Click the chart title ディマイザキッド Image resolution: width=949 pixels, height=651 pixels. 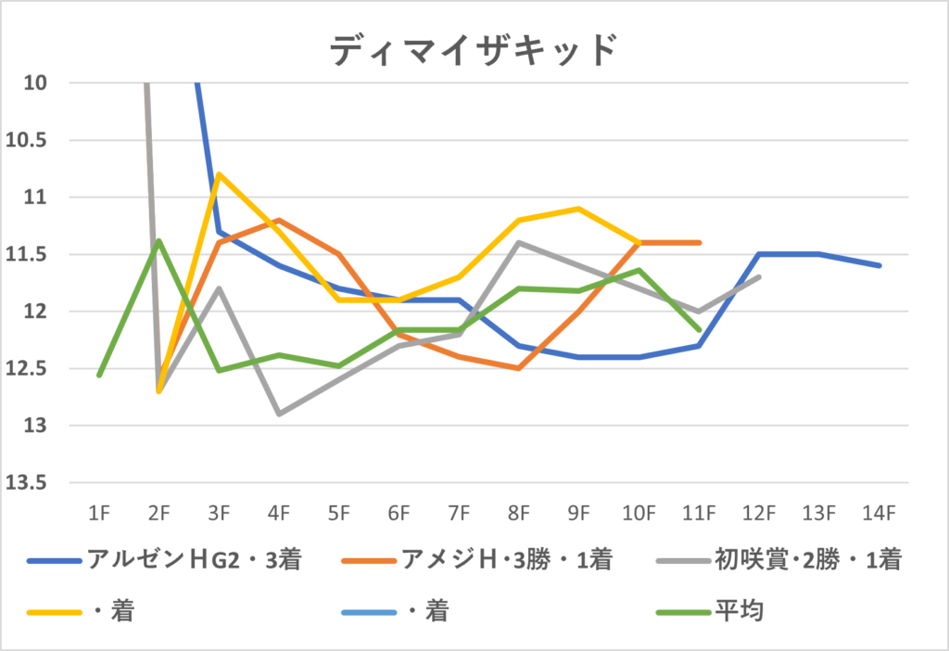[473, 51]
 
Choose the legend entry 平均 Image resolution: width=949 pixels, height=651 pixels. [739, 612]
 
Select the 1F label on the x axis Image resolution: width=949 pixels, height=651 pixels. [98, 511]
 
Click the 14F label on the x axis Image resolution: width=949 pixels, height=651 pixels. [878, 511]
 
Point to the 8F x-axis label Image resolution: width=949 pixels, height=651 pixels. [518, 511]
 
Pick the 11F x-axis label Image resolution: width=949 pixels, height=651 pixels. [698, 511]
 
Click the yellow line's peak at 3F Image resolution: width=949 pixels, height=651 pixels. [219, 173]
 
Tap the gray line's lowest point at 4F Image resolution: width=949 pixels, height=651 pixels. [278, 415]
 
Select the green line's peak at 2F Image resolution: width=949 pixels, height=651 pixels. [158, 240]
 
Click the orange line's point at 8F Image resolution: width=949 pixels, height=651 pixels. [518, 368]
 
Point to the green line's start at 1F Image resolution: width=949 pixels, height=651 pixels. [99, 375]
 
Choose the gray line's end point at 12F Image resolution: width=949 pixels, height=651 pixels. [759, 276]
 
